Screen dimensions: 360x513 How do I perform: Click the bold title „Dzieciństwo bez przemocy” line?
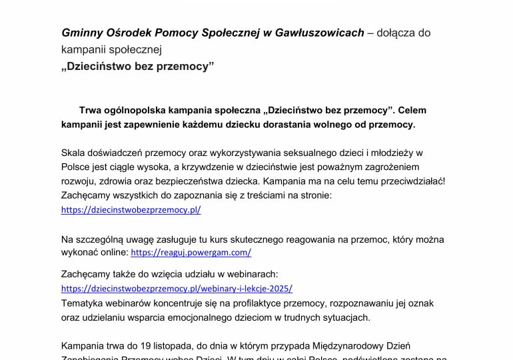click(137, 66)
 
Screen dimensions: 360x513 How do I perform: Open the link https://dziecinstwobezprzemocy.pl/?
click(131, 209)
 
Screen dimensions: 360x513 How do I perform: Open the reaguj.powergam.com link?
click(191, 253)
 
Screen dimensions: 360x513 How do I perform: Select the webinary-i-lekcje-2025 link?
click(177, 289)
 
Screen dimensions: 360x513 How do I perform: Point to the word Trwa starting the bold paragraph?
click(91, 109)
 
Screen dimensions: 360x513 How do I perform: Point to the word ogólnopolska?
click(142, 109)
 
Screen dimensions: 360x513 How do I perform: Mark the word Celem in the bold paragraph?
click(416, 109)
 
